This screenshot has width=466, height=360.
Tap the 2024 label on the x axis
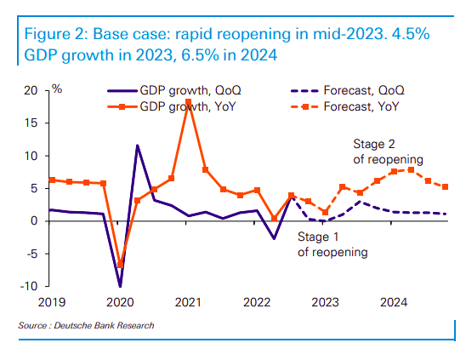pyautogui.click(x=392, y=302)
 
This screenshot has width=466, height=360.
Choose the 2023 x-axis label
pyautogui.click(x=324, y=302)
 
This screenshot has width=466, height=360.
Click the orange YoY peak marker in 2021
pyautogui.click(x=188, y=101)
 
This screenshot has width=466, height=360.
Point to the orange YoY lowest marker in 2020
pyautogui.click(x=120, y=265)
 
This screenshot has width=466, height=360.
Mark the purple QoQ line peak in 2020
pyautogui.click(x=137, y=146)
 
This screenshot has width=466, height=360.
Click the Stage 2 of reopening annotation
pyautogui.click(x=388, y=151)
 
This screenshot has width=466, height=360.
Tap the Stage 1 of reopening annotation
pyautogui.click(x=332, y=245)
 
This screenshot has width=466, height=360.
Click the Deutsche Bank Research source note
pyautogui.click(x=87, y=325)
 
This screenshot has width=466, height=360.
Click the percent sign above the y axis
pyautogui.click(x=57, y=88)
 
